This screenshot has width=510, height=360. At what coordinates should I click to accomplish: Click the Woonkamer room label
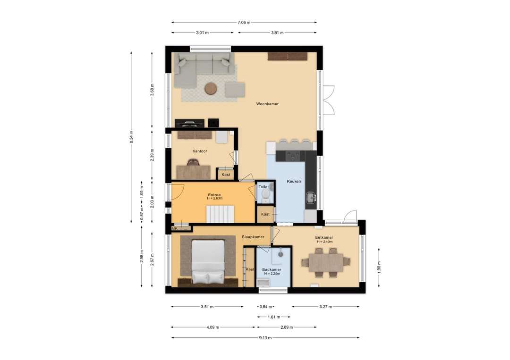pyautogui.click(x=267, y=104)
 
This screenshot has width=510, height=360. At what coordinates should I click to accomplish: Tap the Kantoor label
pyautogui.click(x=200, y=151)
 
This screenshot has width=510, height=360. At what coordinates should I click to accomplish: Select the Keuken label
pyautogui.click(x=294, y=181)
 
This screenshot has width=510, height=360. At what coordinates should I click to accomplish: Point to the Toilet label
pyautogui.click(x=263, y=187)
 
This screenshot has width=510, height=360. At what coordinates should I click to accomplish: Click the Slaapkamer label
pyautogui.click(x=253, y=237)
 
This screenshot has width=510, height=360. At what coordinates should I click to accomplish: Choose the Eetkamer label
pyautogui.click(x=324, y=237)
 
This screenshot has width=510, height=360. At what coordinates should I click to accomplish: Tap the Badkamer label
pyautogui.click(x=272, y=270)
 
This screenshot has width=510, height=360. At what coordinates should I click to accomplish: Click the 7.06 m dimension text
pyautogui.click(x=244, y=23)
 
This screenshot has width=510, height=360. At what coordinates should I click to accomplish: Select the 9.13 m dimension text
pyautogui.click(x=265, y=337)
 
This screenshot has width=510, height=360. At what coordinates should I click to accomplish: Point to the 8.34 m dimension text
pyautogui.click(x=131, y=137)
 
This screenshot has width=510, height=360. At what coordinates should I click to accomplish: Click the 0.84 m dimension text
pyautogui.click(x=266, y=306)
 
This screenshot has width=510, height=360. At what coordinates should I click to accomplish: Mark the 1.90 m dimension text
pyautogui.click(x=379, y=268)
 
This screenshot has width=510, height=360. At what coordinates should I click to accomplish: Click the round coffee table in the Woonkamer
pyautogui.click(x=211, y=88)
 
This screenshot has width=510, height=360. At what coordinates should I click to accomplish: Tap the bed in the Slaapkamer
pyautogui.click(x=208, y=261)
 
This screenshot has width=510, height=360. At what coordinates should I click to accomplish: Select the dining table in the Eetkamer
pyautogui.click(x=326, y=262)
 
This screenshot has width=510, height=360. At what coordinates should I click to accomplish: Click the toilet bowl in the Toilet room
pyautogui.click(x=266, y=194)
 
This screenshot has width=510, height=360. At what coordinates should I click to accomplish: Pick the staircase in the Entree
pyautogui.click(x=220, y=214)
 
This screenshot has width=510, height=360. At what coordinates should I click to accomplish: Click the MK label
pyautogui.click(x=175, y=228)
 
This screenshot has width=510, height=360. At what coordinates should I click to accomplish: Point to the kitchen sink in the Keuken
pyautogui.click(x=311, y=197)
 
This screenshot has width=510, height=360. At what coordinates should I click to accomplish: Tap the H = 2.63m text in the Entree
pyautogui.click(x=215, y=198)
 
